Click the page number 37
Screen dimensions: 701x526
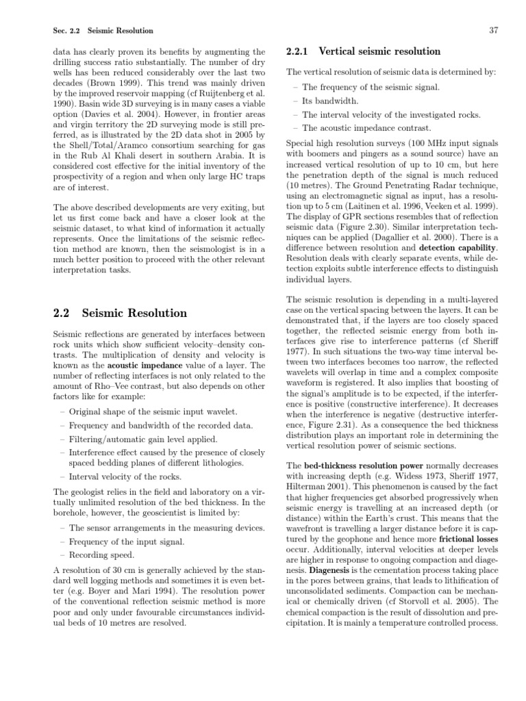click(x=492, y=31)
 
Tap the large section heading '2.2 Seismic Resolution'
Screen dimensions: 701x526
click(x=120, y=313)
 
